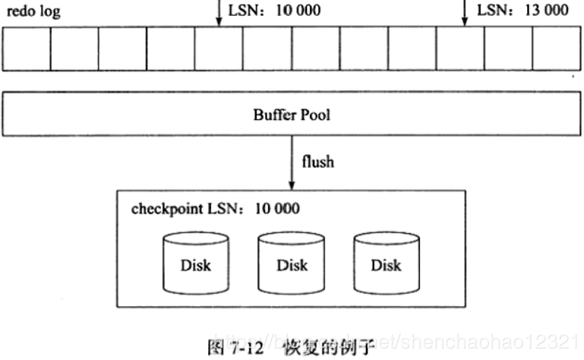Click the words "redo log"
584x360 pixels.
point(33,11)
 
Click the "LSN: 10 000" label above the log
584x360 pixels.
point(274,11)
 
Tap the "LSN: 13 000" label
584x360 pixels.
point(522,11)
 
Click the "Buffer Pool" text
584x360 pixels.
point(292,116)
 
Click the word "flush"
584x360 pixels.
point(317,162)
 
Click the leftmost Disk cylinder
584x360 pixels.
point(196,264)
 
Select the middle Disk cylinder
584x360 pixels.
point(292,264)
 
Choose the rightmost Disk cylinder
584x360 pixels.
point(386,264)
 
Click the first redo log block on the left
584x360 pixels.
point(27,48)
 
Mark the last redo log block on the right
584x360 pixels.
point(557,48)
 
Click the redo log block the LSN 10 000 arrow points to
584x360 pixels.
point(219,48)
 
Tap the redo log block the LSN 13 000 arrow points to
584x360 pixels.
point(460,48)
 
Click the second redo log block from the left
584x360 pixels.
point(74,48)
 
